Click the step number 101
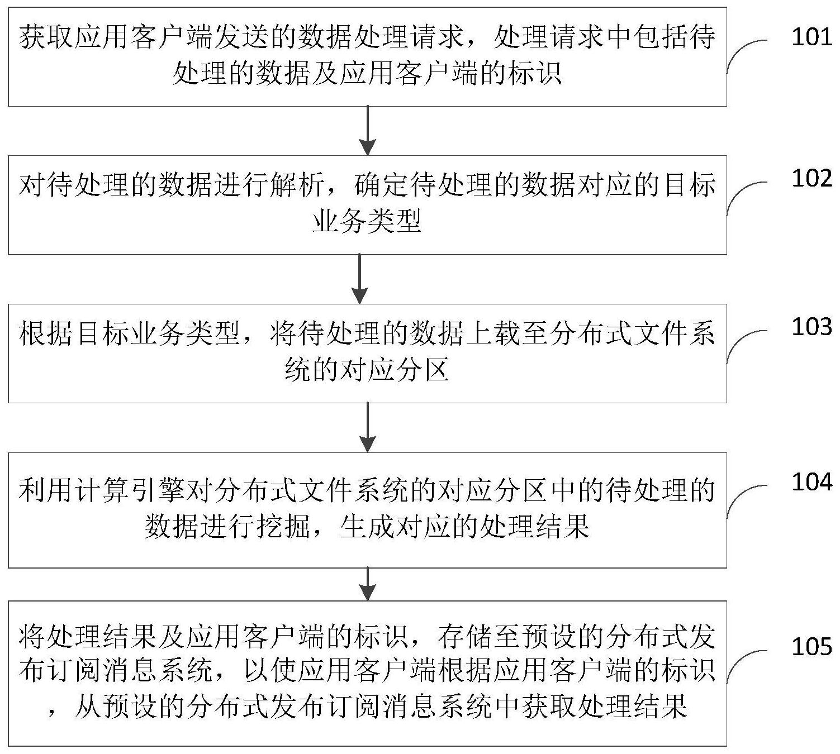click(x=811, y=37)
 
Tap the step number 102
click(x=811, y=178)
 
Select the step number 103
click(x=811, y=327)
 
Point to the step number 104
click(x=811, y=482)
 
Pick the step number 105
click(x=811, y=647)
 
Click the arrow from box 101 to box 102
click(x=367, y=130)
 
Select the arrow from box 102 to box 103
click(x=360, y=279)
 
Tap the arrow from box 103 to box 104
click(x=367, y=427)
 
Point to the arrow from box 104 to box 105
click(x=367, y=584)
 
